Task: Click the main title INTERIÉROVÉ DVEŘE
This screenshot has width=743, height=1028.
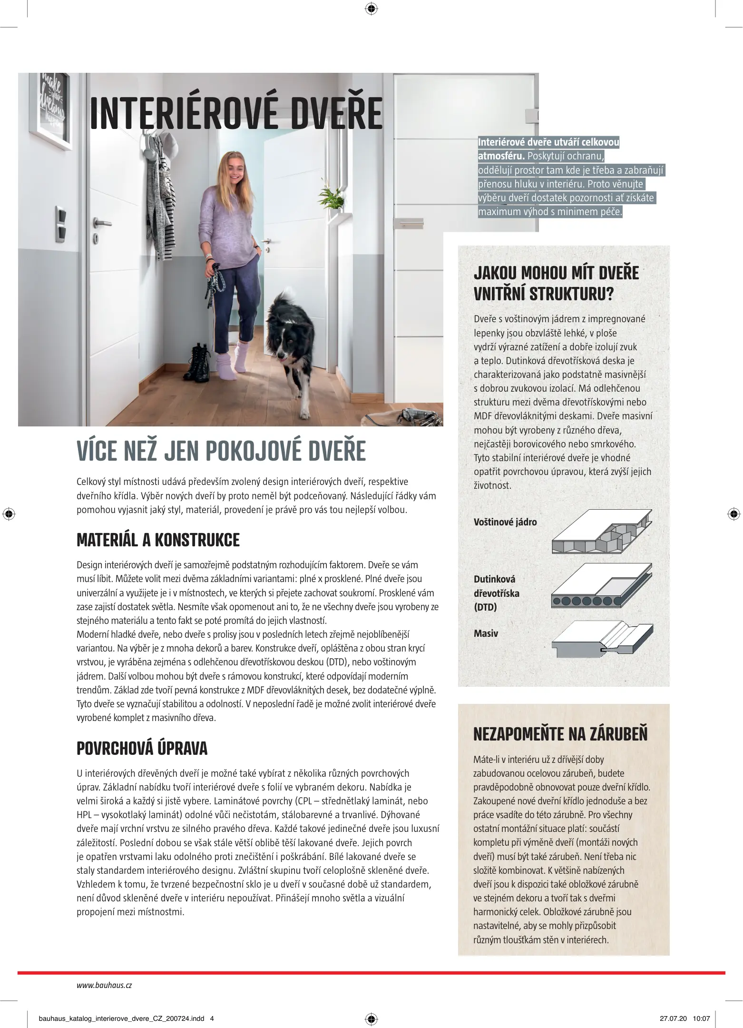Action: [x=235, y=113]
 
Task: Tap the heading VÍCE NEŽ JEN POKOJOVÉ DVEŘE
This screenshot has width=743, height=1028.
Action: [x=221, y=451]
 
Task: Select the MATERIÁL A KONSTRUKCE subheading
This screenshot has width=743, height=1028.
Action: [x=158, y=540]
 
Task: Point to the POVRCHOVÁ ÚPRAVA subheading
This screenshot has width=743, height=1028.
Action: [x=142, y=749]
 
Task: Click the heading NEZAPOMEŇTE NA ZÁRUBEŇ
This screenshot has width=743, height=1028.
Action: [x=560, y=734]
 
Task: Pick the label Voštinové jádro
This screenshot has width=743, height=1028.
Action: [x=505, y=522]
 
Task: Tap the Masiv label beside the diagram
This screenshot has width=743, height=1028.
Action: [x=486, y=633]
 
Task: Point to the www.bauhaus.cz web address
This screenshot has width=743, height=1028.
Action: [x=104, y=986]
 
